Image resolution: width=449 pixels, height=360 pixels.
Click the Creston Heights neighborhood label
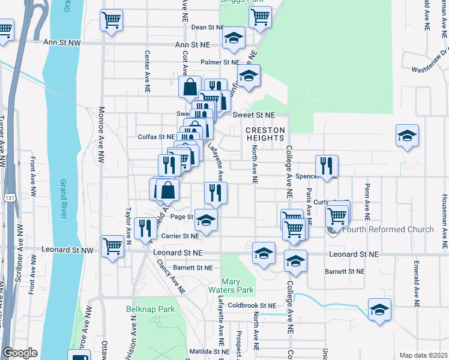tap(264, 134)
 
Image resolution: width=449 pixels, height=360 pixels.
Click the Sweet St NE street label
tap(253, 115)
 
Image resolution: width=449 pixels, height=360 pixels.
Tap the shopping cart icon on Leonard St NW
tap(113, 246)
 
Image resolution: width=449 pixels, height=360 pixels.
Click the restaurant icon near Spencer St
tap(327, 165)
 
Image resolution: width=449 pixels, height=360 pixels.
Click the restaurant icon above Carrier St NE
tap(145, 228)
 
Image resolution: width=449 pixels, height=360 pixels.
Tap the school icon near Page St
tap(206, 220)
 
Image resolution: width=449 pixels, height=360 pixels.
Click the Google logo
tap(20, 353)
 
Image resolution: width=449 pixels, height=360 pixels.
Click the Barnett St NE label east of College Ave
tap(345, 271)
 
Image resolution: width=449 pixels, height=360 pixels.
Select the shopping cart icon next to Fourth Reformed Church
tap(337, 215)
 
